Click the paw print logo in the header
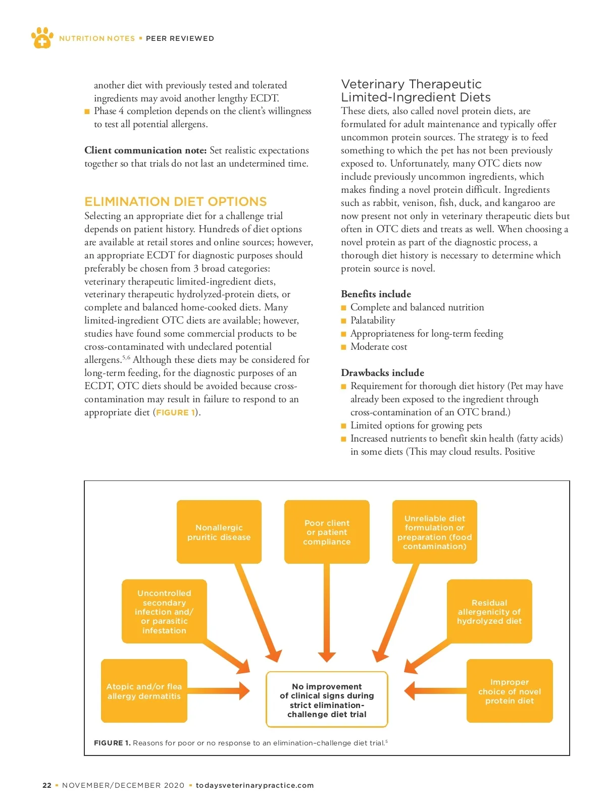click(42, 38)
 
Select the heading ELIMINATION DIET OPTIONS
click(175, 202)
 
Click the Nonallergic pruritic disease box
click(219, 532)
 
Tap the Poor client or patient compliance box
click(327, 532)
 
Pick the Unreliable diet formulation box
click(434, 532)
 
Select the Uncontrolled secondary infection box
click(164, 611)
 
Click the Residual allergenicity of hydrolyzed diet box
click(489, 611)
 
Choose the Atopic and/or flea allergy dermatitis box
click(144, 691)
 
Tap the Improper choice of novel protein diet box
click(509, 691)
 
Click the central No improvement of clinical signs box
click(327, 699)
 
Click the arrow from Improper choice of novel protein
click(434, 691)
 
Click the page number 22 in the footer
click(47, 785)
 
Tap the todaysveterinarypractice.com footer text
click(255, 785)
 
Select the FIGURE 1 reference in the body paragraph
click(175, 412)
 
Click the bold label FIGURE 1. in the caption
click(112, 743)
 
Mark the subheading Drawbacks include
click(382, 373)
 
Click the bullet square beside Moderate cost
click(344, 347)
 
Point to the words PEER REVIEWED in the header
click(180, 38)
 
